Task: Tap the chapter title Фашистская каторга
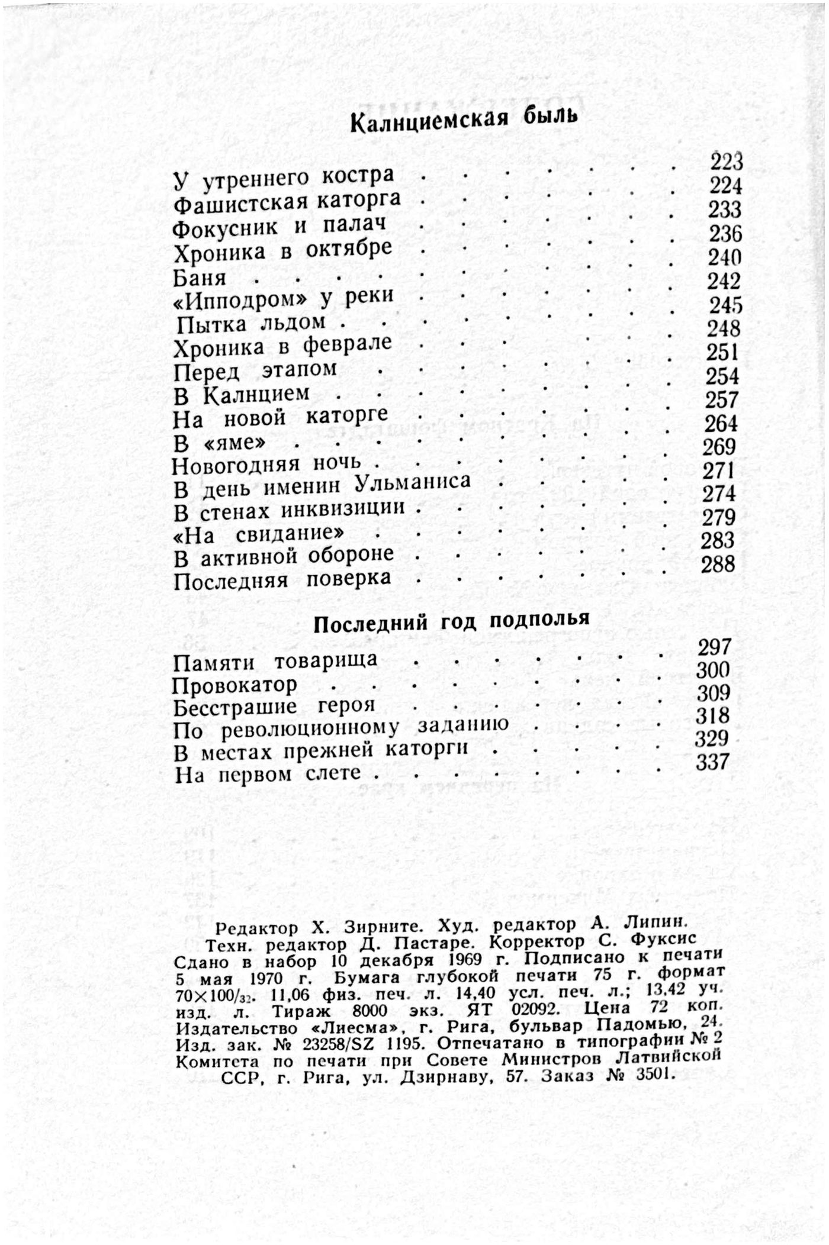(288, 202)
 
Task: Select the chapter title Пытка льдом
(252, 323)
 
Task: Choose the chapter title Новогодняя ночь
(266, 465)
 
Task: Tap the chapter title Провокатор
(234, 686)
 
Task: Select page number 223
(727, 162)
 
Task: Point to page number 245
(726, 305)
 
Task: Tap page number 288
(718, 564)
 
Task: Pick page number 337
(712, 762)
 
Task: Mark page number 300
(713, 670)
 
